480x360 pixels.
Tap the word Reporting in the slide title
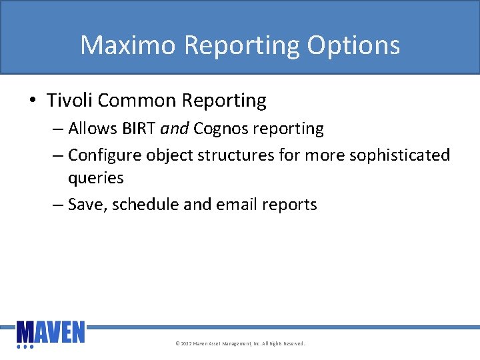[x=242, y=45]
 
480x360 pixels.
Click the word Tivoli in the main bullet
[x=70, y=101]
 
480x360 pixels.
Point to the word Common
[x=133, y=101]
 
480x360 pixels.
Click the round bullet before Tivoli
[x=33, y=101]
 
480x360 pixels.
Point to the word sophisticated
[x=402, y=155]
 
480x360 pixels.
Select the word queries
[x=95, y=179]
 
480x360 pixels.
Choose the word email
[x=237, y=205]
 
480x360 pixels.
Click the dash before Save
[x=58, y=205]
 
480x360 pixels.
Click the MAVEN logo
[x=51, y=334]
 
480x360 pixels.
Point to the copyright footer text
[x=239, y=344]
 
